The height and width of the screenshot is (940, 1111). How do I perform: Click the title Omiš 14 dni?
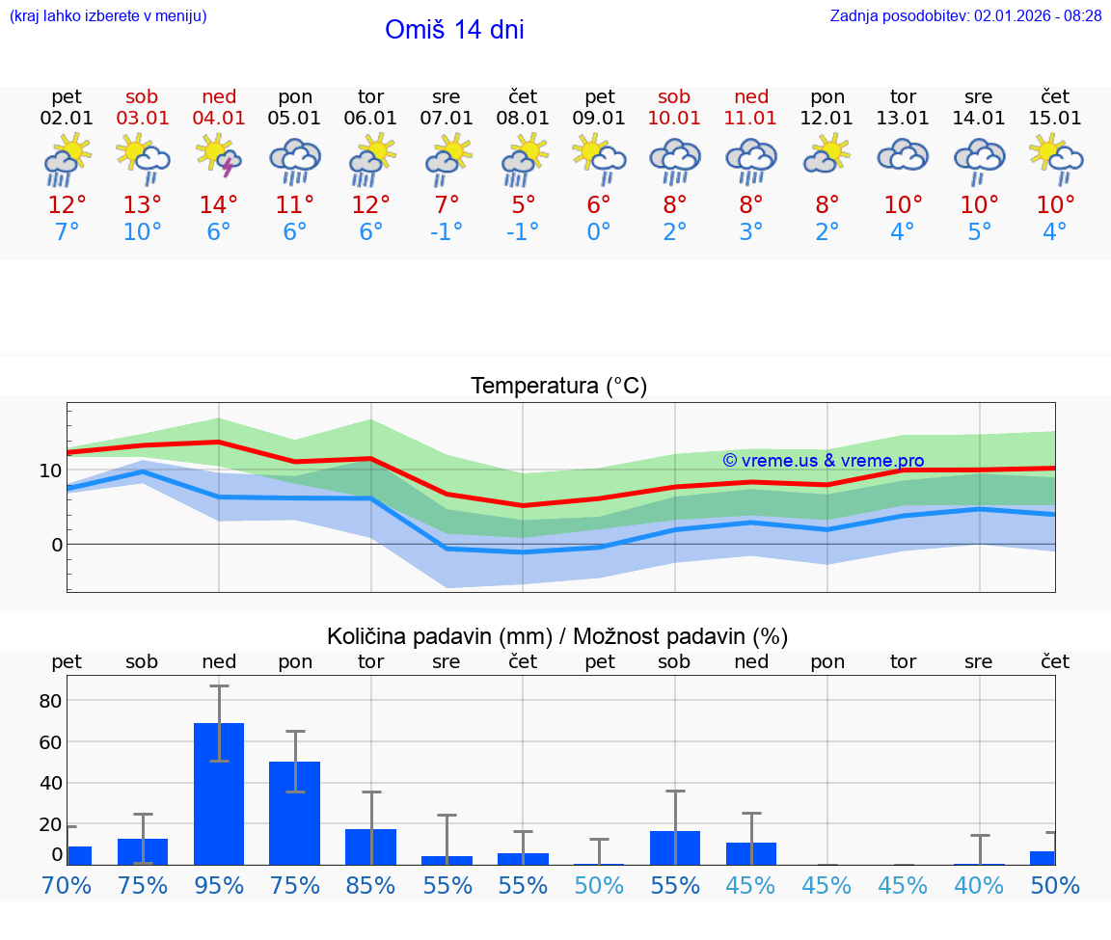tap(454, 30)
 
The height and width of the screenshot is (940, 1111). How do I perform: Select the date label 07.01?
tap(447, 119)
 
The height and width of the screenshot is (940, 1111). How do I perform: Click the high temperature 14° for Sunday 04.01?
tap(219, 205)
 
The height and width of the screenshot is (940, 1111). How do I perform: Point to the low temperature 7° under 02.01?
tap(67, 232)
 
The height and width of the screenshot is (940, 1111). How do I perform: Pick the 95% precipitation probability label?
tap(219, 886)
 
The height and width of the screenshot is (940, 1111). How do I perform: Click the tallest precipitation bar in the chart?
tap(219, 792)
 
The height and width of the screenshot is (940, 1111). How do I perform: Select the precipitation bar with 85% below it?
tap(371, 846)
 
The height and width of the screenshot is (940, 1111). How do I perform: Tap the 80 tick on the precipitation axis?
tap(50, 701)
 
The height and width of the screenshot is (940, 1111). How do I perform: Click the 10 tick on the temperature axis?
tap(50, 470)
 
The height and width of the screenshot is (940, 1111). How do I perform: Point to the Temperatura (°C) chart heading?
tap(558, 387)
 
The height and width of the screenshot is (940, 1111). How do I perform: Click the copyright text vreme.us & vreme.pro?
tap(823, 461)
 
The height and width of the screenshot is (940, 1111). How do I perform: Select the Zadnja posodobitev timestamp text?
tap(965, 16)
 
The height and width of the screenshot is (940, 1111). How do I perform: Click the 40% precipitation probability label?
tap(979, 886)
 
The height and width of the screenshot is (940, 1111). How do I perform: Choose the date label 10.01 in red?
tap(674, 119)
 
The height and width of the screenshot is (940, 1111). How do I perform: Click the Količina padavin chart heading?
tap(557, 636)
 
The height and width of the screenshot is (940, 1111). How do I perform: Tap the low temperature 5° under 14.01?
tap(979, 232)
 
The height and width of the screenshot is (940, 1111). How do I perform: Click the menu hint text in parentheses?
tap(108, 16)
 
